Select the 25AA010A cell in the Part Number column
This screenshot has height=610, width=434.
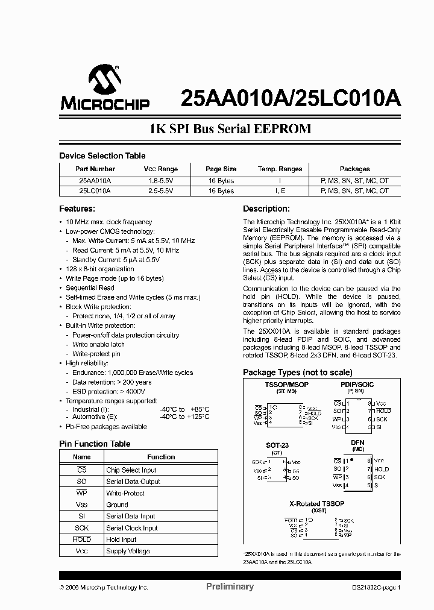(x=95, y=180)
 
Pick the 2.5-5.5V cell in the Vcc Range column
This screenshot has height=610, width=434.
(x=160, y=190)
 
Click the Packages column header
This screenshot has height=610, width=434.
(x=354, y=169)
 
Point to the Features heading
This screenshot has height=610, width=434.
(x=77, y=209)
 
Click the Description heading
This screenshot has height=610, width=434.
(x=266, y=209)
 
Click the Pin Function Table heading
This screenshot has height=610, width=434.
(x=94, y=444)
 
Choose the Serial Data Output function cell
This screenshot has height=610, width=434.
(x=133, y=482)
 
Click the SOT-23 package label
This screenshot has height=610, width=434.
(x=277, y=445)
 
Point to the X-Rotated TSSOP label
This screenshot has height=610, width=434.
(x=316, y=503)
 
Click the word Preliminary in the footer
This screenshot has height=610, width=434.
(x=230, y=586)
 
